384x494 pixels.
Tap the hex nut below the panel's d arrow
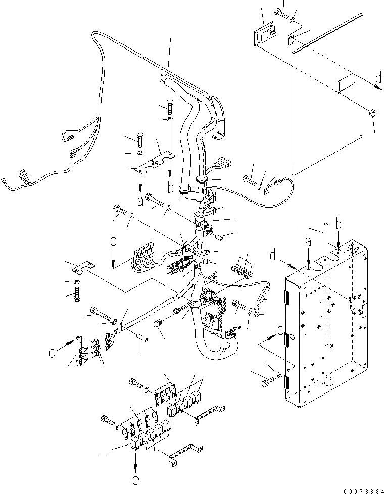tap(372, 113)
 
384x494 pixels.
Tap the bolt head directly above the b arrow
tap(169, 108)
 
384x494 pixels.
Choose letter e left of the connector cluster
tap(114, 243)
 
